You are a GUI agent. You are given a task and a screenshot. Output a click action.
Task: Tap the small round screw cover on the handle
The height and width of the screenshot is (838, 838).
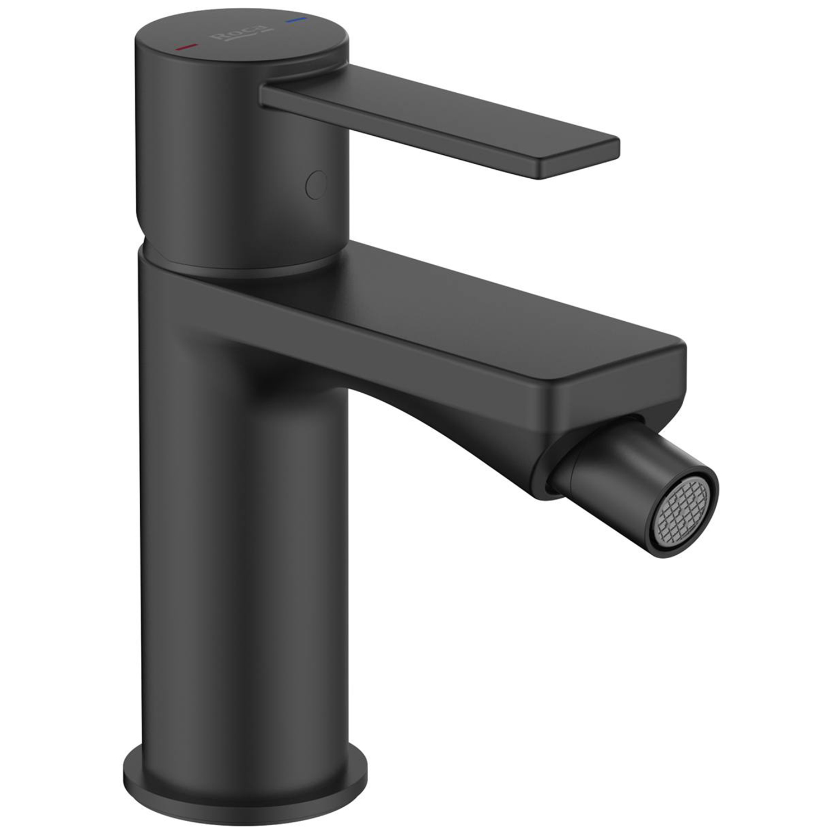[317, 184]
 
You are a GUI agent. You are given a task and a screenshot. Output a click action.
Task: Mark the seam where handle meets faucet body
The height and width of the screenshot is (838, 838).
[235, 268]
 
